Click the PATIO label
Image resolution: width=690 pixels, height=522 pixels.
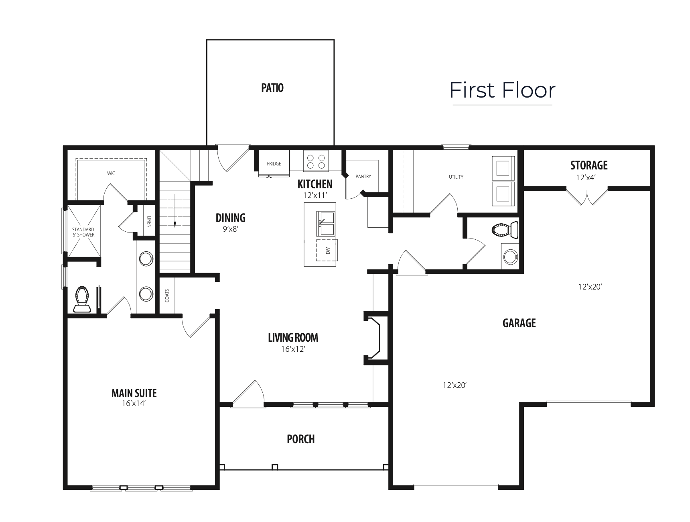pyautogui.click(x=272, y=88)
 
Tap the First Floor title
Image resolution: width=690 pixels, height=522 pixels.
pyautogui.click(x=502, y=90)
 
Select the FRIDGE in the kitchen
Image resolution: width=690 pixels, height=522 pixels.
pyautogui.click(x=274, y=163)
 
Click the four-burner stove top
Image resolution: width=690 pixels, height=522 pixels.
pyautogui.click(x=316, y=161)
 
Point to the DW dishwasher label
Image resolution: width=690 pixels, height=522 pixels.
pyautogui.click(x=328, y=251)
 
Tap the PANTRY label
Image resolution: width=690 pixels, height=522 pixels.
pyautogui.click(x=363, y=177)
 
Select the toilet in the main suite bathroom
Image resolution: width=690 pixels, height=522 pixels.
pyautogui.click(x=82, y=299)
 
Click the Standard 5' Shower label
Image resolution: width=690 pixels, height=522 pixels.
pyautogui.click(x=83, y=232)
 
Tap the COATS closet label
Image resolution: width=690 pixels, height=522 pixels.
pyautogui.click(x=167, y=296)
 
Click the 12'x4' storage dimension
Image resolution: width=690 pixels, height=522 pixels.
pyautogui.click(x=586, y=177)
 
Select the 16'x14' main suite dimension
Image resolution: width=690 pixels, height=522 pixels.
pyautogui.click(x=134, y=403)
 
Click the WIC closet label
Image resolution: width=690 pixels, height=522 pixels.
pyautogui.click(x=111, y=173)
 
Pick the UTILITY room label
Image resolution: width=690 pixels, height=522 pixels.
pyautogui.click(x=456, y=177)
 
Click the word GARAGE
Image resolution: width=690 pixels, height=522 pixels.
pyautogui.click(x=519, y=323)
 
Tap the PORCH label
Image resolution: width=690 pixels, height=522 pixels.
pyautogui.click(x=301, y=439)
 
